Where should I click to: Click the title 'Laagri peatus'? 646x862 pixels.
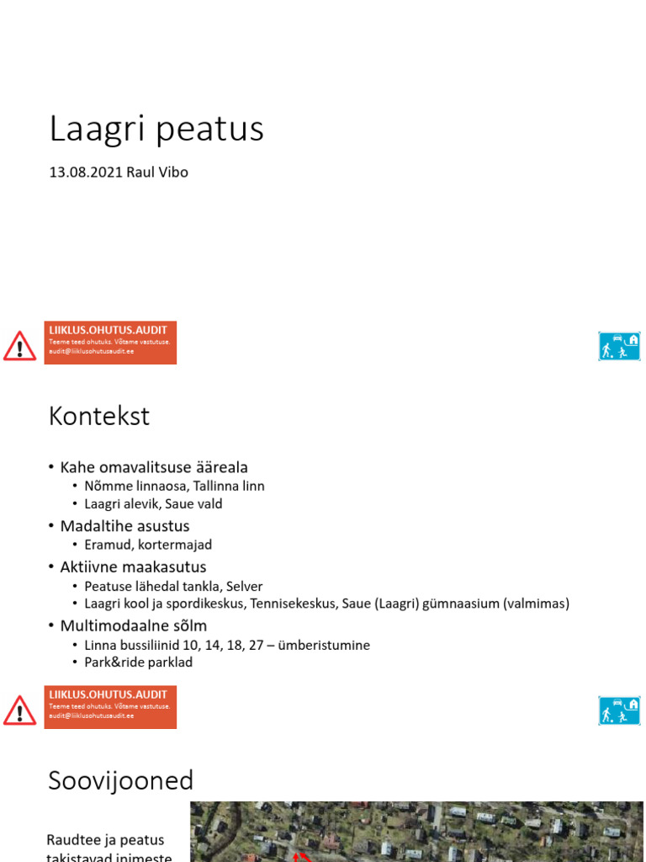click(156, 129)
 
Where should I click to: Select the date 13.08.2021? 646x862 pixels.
click(86, 173)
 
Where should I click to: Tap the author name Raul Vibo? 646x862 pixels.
click(157, 173)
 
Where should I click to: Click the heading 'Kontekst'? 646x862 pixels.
click(99, 416)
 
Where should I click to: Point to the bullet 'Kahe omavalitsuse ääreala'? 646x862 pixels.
click(154, 467)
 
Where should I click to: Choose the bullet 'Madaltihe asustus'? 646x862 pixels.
click(124, 526)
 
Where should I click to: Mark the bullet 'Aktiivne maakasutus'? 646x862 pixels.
click(133, 567)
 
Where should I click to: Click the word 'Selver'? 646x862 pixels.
click(244, 586)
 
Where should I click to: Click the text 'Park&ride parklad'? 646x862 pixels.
click(139, 662)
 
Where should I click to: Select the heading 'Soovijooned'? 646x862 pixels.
click(121, 780)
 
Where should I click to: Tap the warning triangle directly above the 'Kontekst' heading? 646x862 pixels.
click(19, 346)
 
